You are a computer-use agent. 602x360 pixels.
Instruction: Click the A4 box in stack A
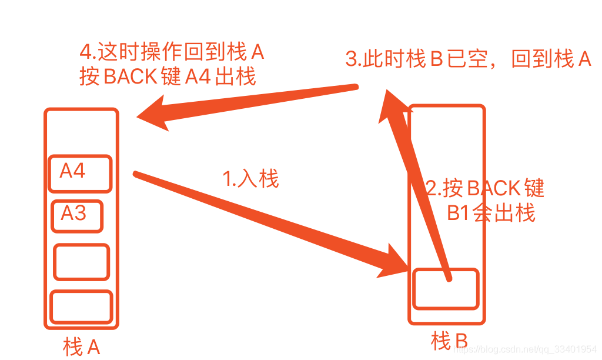tap(79, 173)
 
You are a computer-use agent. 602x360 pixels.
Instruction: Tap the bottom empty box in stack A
tap(81, 306)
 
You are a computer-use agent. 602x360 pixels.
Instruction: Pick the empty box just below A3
tap(82, 262)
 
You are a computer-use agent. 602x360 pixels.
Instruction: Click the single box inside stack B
tap(446, 288)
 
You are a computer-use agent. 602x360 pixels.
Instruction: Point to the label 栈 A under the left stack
tap(82, 346)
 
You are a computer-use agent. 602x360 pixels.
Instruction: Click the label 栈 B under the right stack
tap(450, 341)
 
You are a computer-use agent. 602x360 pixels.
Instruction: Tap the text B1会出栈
tap(491, 213)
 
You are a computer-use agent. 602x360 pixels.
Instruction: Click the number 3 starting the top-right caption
tap(351, 59)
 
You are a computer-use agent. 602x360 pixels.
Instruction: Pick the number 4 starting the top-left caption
tap(86, 52)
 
